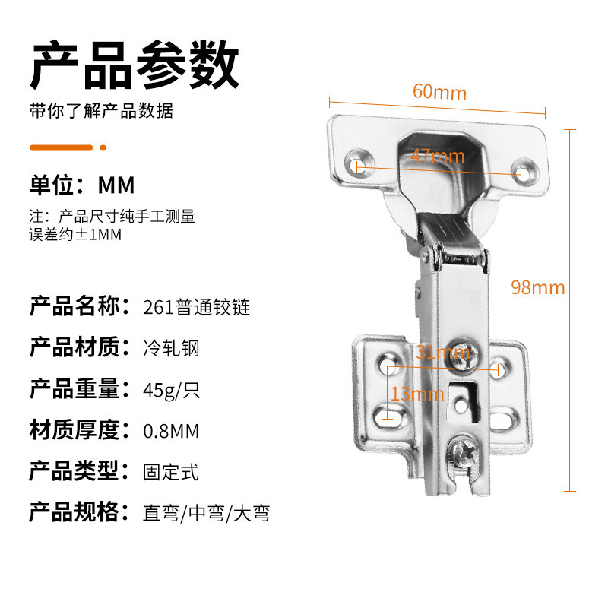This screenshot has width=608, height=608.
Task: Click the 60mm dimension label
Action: pyautogui.click(x=439, y=92)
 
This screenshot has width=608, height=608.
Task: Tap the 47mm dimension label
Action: pyautogui.click(x=438, y=157)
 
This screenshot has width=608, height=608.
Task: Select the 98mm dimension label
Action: pyautogui.click(x=538, y=288)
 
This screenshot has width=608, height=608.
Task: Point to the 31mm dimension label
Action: pyautogui.click(x=443, y=352)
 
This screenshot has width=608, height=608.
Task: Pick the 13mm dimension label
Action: pyautogui.click(x=417, y=394)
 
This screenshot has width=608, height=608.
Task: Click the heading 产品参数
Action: pyautogui.click(x=135, y=65)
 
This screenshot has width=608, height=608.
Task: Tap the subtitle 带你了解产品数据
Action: pyautogui.click(x=101, y=111)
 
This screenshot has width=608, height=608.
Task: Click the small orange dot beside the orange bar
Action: pyautogui.click(x=103, y=147)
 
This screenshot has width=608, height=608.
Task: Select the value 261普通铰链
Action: pyautogui.click(x=196, y=308)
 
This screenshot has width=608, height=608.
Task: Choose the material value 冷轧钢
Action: pyautogui.click(x=172, y=348)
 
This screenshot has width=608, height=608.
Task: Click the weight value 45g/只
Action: pyautogui.click(x=172, y=390)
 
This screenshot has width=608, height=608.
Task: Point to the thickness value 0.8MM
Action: pyautogui.click(x=171, y=431)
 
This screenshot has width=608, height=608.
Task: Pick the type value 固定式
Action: pyautogui.click(x=171, y=472)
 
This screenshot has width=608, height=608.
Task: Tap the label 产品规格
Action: pyautogui.click(x=80, y=511)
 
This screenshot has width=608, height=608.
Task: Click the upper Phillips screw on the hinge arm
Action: pyautogui.click(x=463, y=356)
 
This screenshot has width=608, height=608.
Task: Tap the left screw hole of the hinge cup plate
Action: pyautogui.click(x=359, y=164)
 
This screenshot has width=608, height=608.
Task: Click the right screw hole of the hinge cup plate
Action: pyautogui.click(x=524, y=171)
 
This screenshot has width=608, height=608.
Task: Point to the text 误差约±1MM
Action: pyautogui.click(x=75, y=235)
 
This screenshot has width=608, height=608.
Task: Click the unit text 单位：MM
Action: pyautogui.click(x=82, y=185)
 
